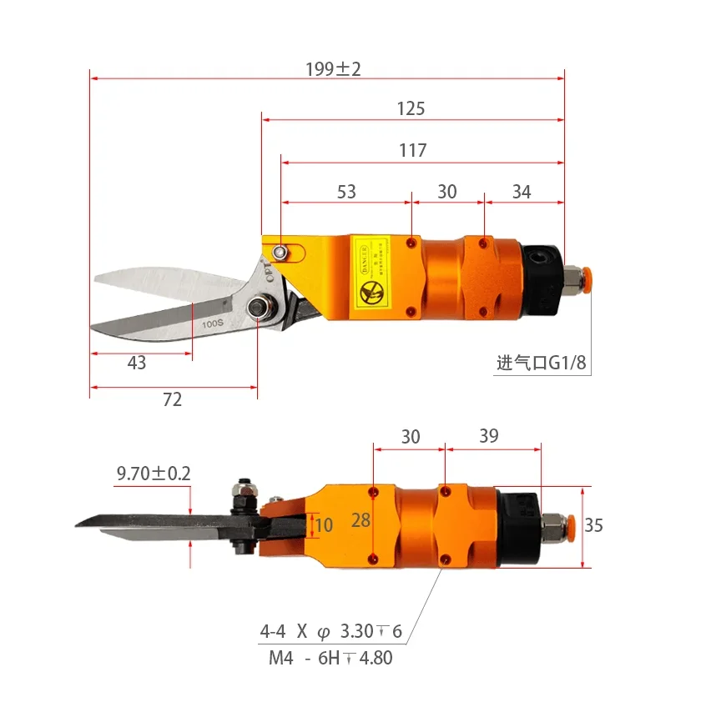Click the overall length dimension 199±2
[x=333, y=68]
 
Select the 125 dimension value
[x=411, y=108]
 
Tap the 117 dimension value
[x=412, y=150]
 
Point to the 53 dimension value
[x=346, y=192]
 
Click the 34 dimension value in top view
[x=522, y=192]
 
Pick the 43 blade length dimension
[x=137, y=363]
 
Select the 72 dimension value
[x=172, y=399]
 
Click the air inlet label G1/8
[x=543, y=363]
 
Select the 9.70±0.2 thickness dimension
[x=154, y=474]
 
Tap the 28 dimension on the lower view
[x=360, y=520]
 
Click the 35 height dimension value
[x=593, y=525]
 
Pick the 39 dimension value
[x=489, y=436]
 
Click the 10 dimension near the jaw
[x=325, y=525]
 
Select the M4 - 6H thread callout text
[x=330, y=658]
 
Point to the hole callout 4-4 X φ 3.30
[x=330, y=631]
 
